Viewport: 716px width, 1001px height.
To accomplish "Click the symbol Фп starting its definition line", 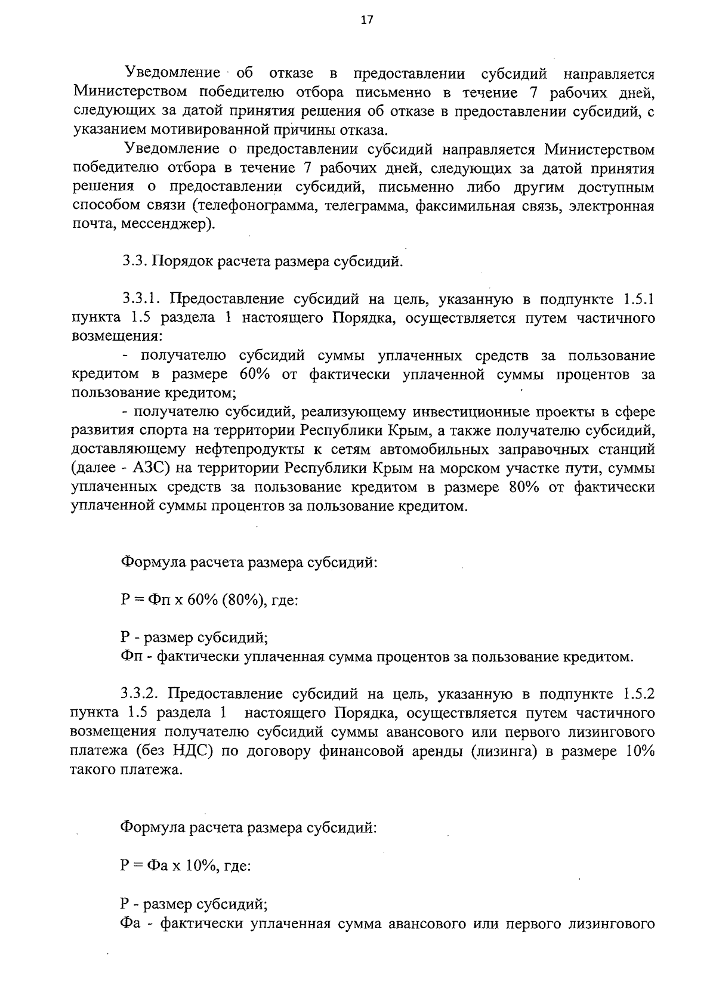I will click(129, 657).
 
